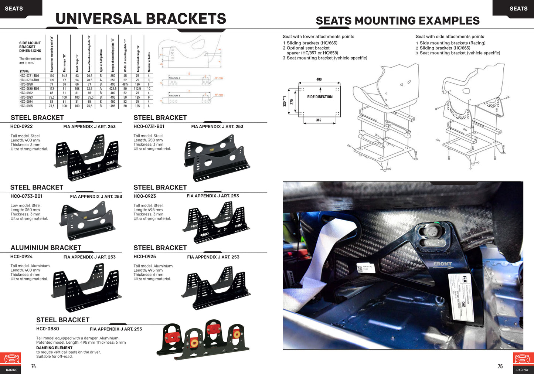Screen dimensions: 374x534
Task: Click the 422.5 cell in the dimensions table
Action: (113, 89)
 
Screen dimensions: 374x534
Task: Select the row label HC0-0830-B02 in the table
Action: (29, 89)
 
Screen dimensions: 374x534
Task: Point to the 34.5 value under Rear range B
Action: (64, 76)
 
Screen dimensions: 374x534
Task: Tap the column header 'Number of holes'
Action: (149, 62)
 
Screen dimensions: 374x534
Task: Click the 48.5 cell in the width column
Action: (125, 84)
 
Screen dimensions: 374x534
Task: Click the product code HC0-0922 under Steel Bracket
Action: (21, 126)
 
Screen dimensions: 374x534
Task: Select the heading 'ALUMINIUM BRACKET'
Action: (46, 248)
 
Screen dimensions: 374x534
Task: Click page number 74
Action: (34, 366)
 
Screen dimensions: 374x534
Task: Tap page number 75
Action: (500, 366)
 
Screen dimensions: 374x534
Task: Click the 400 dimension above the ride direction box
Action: (319, 79)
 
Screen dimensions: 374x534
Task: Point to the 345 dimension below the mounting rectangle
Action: (319, 120)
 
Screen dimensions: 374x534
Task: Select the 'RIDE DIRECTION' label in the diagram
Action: (320, 97)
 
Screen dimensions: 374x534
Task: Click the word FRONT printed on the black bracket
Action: (442, 264)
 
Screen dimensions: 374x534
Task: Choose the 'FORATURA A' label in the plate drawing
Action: (174, 78)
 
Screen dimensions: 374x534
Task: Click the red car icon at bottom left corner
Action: (11, 359)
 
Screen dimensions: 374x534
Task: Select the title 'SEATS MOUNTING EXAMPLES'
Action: (398, 21)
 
